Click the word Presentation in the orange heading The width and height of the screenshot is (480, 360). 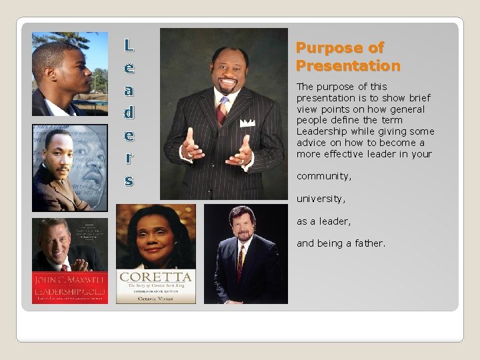348,66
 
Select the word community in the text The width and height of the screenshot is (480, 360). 323,176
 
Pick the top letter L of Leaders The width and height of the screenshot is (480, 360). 129,46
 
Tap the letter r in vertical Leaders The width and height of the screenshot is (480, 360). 129,157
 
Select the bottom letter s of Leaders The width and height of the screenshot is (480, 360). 129,180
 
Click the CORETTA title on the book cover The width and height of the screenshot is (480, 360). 155,277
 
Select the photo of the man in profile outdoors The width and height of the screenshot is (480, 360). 69,73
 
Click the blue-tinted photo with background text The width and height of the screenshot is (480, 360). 69,167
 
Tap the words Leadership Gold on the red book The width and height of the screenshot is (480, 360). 69,291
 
